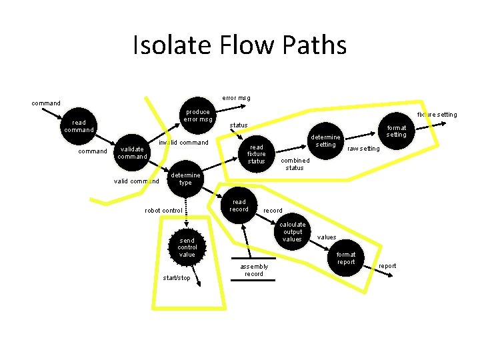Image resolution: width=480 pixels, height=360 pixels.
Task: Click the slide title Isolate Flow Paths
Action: (x=240, y=45)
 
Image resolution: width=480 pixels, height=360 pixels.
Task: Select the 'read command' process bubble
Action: (x=79, y=126)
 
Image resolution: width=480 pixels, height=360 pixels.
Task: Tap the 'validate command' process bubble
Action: (x=133, y=153)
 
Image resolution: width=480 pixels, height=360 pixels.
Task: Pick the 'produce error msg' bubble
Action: (x=199, y=116)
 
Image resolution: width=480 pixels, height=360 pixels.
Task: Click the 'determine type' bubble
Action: (x=185, y=179)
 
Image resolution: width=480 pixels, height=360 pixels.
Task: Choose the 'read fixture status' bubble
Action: (x=256, y=154)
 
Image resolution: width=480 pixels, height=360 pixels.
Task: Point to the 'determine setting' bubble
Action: (x=325, y=141)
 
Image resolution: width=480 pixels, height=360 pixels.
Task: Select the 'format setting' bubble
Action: (x=396, y=131)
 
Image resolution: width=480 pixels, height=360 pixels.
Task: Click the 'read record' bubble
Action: (x=239, y=205)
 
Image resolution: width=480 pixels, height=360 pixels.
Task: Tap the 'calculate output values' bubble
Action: (x=293, y=232)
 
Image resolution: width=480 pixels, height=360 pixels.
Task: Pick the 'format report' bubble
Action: (x=345, y=258)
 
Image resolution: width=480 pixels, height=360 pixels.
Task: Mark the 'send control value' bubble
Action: (x=187, y=247)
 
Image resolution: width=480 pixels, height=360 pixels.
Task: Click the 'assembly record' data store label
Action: (x=253, y=270)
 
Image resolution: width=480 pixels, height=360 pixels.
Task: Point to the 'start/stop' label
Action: (x=176, y=278)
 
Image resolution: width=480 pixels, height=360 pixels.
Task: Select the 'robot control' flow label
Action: (x=163, y=211)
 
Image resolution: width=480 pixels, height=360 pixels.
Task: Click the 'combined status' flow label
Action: (x=295, y=164)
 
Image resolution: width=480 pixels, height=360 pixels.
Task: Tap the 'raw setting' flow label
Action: (x=363, y=149)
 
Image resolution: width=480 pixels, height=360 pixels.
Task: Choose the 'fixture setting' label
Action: (x=437, y=115)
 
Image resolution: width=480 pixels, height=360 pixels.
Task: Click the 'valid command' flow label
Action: (x=137, y=181)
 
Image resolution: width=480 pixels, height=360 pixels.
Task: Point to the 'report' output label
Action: (x=387, y=266)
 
